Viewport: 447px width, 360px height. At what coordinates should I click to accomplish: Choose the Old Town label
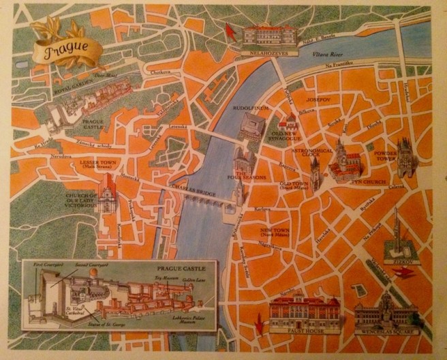(x=296, y=185)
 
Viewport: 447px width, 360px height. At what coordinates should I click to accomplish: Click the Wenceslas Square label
(x=386, y=336)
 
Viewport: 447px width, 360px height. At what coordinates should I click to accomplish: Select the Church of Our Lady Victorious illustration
(x=107, y=194)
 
